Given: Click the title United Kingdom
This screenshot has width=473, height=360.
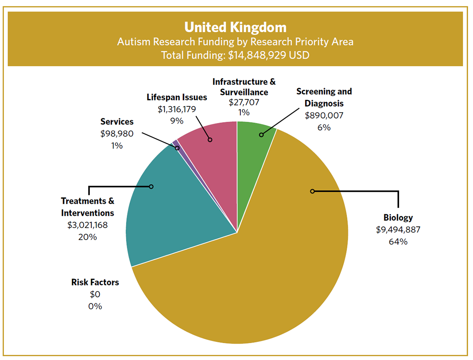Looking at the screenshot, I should pos(235,27).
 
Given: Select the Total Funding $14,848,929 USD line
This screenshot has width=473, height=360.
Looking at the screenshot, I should pos(235,55).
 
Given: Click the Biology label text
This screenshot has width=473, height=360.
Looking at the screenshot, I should pos(398,217).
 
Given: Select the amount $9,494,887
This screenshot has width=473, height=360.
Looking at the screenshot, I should pos(398,229).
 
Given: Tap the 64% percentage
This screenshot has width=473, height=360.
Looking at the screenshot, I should pos(398,241).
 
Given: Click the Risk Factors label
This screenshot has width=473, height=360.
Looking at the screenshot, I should pos(95,283).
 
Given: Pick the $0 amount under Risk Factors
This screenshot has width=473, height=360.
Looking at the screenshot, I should pos(95,295).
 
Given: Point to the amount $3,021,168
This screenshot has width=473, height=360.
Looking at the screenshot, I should pos(87,225).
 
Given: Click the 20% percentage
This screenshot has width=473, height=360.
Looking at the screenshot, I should pos(87,237).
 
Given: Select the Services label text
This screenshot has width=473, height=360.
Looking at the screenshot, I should pos(117,122).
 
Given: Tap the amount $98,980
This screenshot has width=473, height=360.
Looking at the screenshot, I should pos(117,134).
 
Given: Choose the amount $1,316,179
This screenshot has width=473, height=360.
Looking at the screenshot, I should pos(177,109).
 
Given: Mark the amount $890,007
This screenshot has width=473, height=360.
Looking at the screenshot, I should pos(324,115).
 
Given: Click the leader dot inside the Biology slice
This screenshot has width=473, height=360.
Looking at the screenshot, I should pos(313,191).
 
